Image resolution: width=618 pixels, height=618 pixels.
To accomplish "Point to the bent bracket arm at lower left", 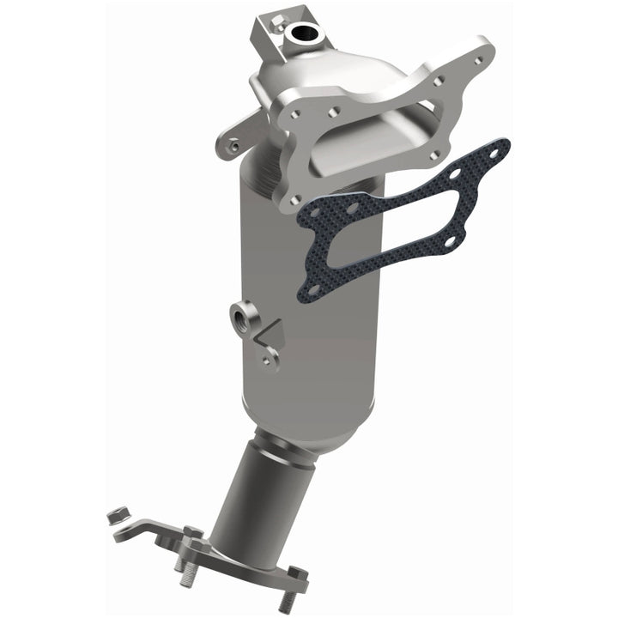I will tap(154, 530).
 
